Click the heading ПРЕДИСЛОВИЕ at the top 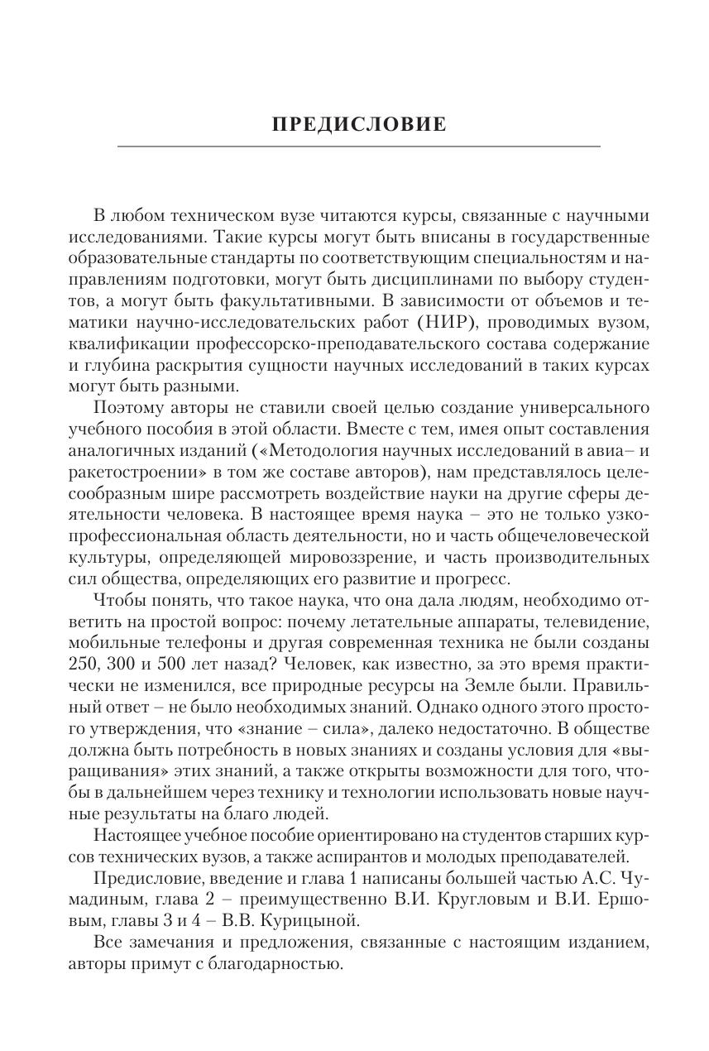(359, 125)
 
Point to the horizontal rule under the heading (359, 147)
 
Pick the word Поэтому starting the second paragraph (125, 408)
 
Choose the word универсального (586, 408)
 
